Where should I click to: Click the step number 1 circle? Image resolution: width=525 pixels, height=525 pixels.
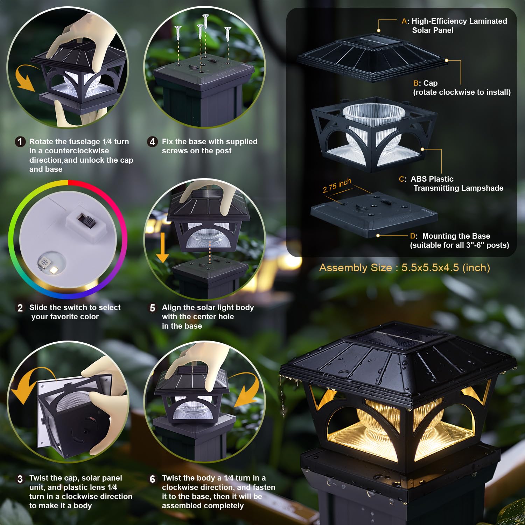(x=20, y=142)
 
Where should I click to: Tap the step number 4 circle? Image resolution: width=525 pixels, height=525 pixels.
(x=152, y=142)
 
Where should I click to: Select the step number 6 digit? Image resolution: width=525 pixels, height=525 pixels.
(x=152, y=479)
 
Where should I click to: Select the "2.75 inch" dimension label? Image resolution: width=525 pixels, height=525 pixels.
(x=337, y=185)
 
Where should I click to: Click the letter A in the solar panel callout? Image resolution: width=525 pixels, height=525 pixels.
(x=404, y=21)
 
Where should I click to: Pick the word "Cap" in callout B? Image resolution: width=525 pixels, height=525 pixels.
(x=430, y=83)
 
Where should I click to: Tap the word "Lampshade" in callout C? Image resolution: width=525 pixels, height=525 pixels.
(x=483, y=188)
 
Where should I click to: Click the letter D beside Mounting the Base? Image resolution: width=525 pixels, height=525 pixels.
(x=413, y=236)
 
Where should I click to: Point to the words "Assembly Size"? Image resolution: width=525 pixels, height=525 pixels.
(x=355, y=268)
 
